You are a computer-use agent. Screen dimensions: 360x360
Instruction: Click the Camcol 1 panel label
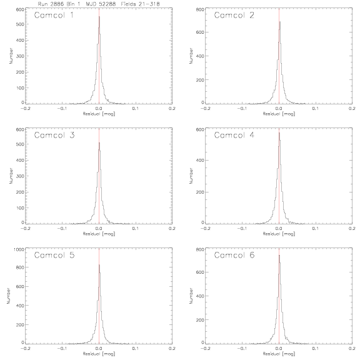(54, 15)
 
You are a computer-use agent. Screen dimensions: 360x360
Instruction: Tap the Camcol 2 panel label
(234, 15)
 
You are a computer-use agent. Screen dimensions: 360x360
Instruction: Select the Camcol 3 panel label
(54, 135)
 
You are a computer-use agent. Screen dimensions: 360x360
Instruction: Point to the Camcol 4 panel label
(234, 135)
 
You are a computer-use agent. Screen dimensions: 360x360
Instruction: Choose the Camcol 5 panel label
(54, 255)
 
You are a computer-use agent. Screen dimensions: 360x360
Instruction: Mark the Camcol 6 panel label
(234, 255)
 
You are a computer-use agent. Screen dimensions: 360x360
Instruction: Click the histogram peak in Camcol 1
(99, 16)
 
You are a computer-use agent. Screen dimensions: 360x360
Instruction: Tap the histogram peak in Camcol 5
(99, 265)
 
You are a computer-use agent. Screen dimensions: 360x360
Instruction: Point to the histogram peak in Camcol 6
(279, 255)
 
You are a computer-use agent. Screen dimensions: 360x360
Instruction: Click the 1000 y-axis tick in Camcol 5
(19, 249)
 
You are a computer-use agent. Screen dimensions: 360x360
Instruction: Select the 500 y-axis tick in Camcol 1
(20, 24)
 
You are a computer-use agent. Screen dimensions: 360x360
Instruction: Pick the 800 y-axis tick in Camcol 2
(200, 9)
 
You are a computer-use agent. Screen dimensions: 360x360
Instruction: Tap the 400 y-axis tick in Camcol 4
(200, 160)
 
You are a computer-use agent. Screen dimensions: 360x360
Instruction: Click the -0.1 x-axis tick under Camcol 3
(62, 229)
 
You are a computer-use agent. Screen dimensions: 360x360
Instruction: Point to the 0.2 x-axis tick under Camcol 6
(352, 349)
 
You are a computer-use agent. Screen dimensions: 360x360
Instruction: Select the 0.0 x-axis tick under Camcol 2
(279, 109)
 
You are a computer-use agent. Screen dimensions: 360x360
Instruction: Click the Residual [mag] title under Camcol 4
(279, 234)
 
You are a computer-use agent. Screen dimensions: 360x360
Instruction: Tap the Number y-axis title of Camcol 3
(11, 176)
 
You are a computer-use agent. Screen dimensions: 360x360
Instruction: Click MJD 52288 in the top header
(101, 4)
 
